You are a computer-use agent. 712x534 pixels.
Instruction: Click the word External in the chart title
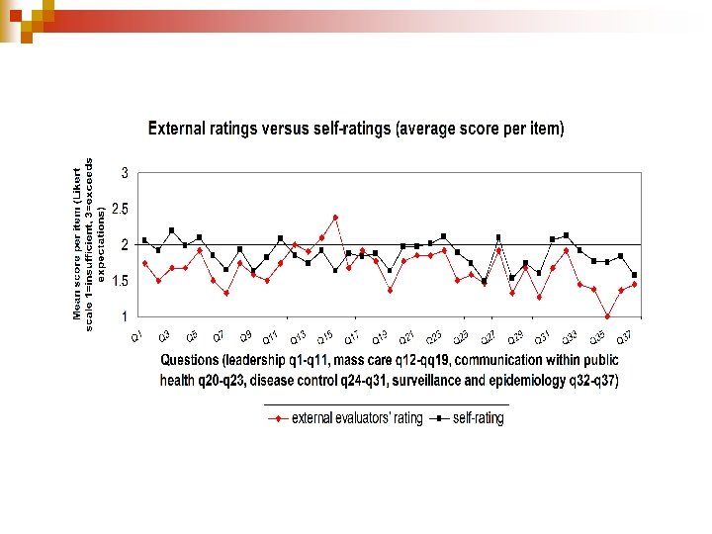[175, 129]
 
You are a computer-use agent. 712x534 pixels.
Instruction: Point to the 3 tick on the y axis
[125, 173]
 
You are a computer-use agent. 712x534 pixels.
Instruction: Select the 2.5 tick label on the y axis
[120, 209]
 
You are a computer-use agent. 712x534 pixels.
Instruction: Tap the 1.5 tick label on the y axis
[120, 281]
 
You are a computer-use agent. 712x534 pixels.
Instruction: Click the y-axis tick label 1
[125, 316]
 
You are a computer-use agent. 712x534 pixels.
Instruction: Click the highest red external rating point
[335, 217]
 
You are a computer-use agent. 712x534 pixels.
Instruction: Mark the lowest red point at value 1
[607, 316]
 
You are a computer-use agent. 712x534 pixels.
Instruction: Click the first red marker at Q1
[144, 263]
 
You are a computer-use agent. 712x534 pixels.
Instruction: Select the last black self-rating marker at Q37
[634, 275]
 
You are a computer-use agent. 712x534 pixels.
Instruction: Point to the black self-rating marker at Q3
[171, 230]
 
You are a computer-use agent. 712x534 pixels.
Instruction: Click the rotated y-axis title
[88, 240]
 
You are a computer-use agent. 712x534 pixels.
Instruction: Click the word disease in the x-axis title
[312, 381]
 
